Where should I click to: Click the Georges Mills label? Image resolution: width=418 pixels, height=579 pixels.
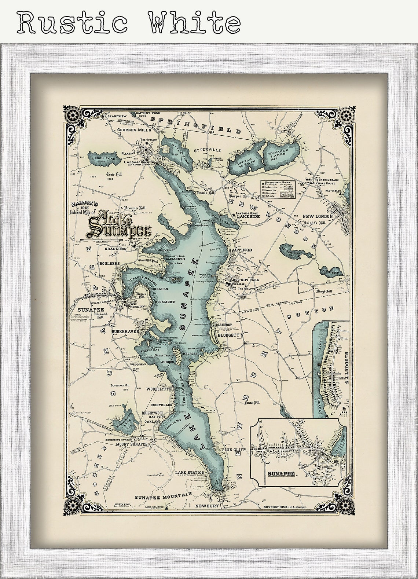click(x=133, y=130)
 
